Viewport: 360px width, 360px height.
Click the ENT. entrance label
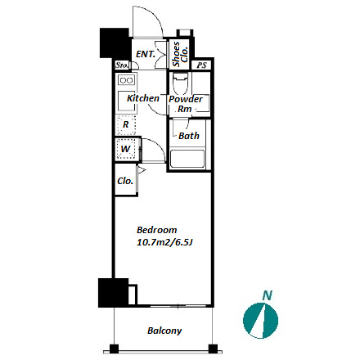click(x=146, y=54)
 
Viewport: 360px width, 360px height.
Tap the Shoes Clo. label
click(x=180, y=54)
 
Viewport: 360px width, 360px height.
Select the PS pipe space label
click(x=202, y=65)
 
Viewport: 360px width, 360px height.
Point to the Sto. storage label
click(x=122, y=65)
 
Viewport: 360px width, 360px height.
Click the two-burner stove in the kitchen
click(x=126, y=80)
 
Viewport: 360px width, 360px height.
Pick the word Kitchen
click(x=143, y=98)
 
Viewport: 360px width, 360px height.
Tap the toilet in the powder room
click(x=181, y=83)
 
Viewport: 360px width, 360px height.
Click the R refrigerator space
click(x=126, y=124)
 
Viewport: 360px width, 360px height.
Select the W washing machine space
click(x=126, y=149)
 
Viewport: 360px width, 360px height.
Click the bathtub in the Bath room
click(x=187, y=159)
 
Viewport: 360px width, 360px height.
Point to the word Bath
click(x=189, y=136)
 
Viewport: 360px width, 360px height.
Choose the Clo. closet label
click(x=125, y=181)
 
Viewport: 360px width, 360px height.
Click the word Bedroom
click(x=157, y=230)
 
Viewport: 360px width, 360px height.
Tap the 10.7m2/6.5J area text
click(x=165, y=242)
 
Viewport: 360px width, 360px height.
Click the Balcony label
click(x=164, y=331)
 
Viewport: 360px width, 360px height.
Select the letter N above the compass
click(x=268, y=295)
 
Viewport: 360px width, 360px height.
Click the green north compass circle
click(x=260, y=321)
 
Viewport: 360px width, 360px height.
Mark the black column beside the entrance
click(x=115, y=43)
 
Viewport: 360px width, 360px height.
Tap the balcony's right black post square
click(x=213, y=349)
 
